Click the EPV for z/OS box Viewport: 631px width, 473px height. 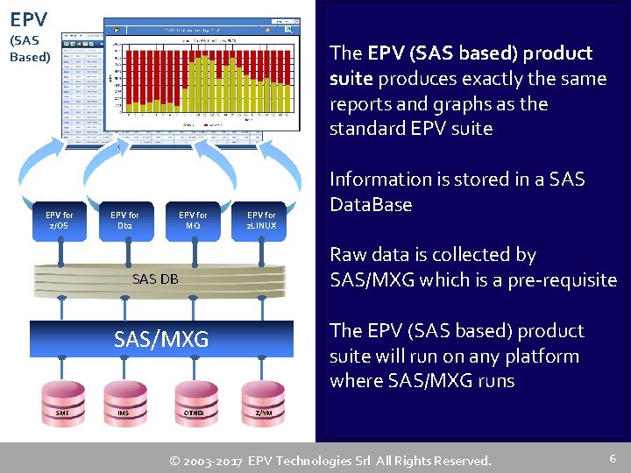(x=60, y=220)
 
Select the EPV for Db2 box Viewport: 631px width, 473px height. (x=124, y=220)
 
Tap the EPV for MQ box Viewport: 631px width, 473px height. (x=193, y=220)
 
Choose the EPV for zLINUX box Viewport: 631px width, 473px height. (x=261, y=220)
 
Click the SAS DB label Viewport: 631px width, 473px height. (x=155, y=279)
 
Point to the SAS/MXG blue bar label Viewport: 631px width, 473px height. (x=161, y=339)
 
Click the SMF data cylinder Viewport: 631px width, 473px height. (x=62, y=412)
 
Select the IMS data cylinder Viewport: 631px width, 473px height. (x=124, y=412)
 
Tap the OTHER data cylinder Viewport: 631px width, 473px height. (x=194, y=412)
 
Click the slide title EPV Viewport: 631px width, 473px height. (x=29, y=18)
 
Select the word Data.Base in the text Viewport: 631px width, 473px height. (x=371, y=205)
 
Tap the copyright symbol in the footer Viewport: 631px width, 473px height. (x=175, y=460)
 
